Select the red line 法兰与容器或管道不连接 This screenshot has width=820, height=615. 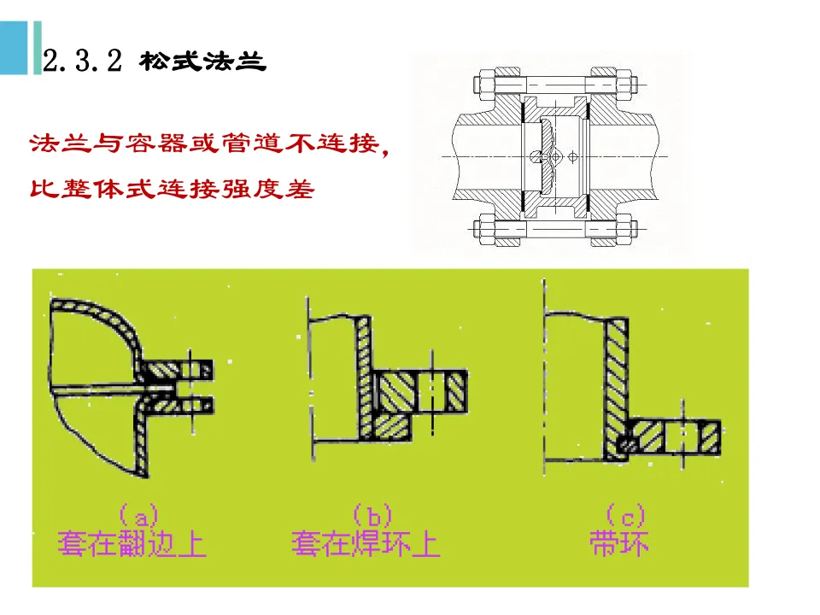point(203,144)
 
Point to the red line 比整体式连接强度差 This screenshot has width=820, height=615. point(172,187)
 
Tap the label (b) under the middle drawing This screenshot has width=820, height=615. point(371,516)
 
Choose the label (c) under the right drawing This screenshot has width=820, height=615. point(624,516)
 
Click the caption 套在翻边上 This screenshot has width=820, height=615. point(132,544)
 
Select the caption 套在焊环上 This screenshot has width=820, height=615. point(366,544)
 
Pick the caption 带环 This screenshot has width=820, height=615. point(617,544)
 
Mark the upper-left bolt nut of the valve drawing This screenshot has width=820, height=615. point(481,85)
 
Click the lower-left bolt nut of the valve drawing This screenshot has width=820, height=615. point(481,228)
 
